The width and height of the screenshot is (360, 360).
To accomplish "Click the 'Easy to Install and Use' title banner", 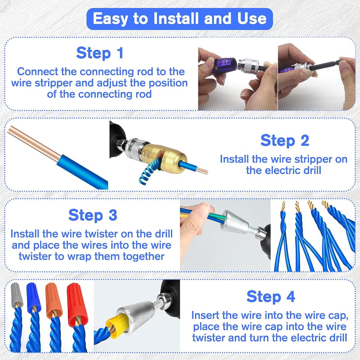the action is pyautogui.click(x=180, y=19).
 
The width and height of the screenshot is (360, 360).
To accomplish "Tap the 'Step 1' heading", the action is pyautogui.click(x=100, y=53).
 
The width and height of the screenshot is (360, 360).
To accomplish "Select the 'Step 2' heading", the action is pyautogui.click(x=285, y=140).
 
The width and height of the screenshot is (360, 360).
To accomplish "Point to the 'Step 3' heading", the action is pyautogui.click(x=93, y=215).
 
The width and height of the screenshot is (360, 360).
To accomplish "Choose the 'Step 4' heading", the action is pyautogui.click(x=271, y=296).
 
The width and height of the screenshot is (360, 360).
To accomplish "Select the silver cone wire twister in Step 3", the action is pyautogui.click(x=235, y=223).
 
